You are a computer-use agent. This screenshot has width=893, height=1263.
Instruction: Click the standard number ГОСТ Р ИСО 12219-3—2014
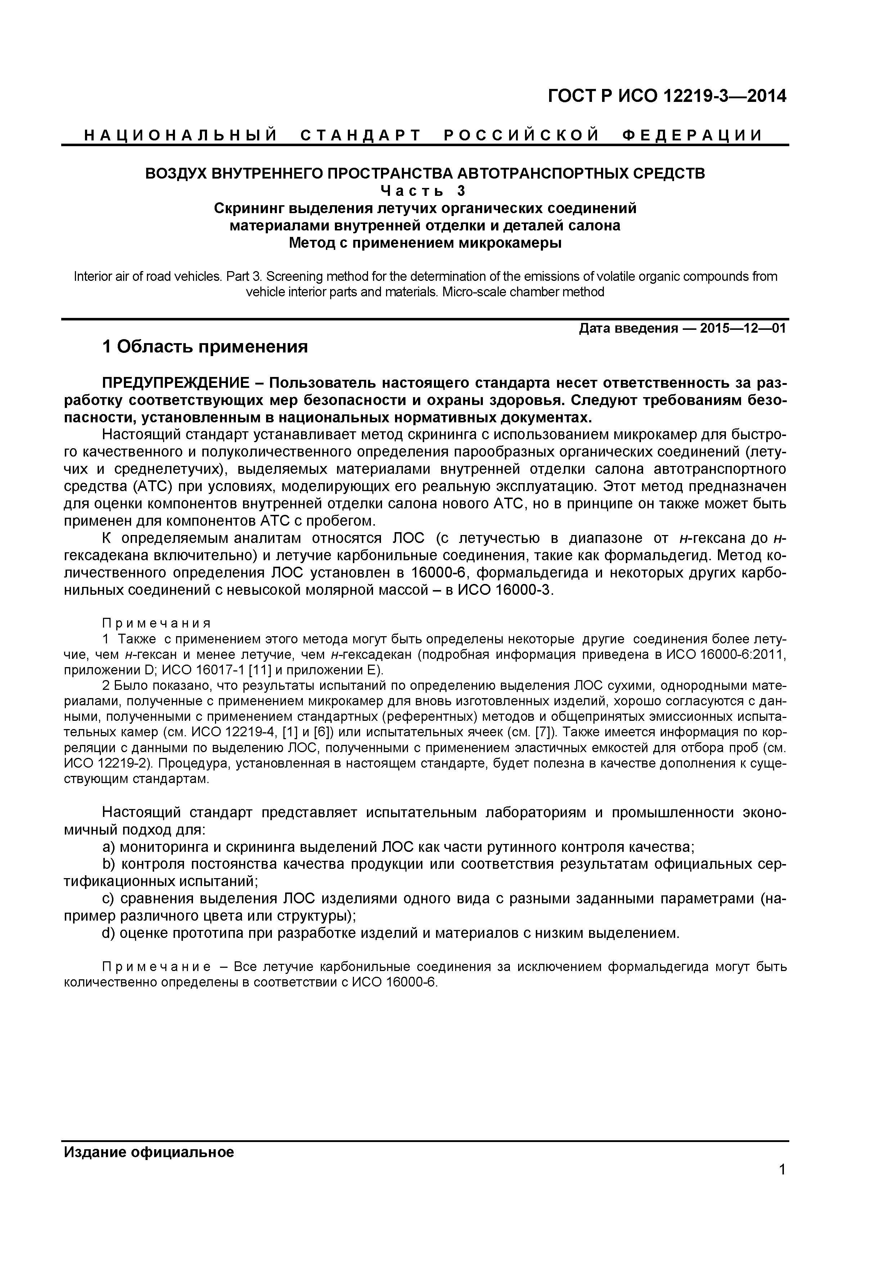667,96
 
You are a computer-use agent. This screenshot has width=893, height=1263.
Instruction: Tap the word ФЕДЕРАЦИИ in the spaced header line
692,135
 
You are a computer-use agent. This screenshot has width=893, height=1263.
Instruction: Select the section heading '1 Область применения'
205,347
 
